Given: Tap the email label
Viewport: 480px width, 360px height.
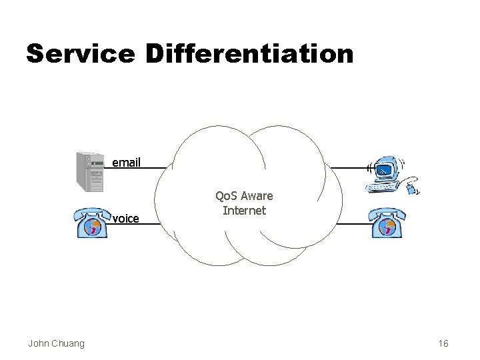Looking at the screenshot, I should (126, 162).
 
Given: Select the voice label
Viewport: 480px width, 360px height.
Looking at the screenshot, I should (126, 217).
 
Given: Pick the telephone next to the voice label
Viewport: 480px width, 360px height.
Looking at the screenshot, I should (93, 223).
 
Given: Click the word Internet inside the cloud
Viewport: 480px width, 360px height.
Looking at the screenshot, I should (244, 211).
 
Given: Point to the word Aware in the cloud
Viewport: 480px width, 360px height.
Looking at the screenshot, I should (257, 197).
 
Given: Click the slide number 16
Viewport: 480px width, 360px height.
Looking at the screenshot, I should (443, 343).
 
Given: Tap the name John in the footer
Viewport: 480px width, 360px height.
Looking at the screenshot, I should (38, 343).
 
